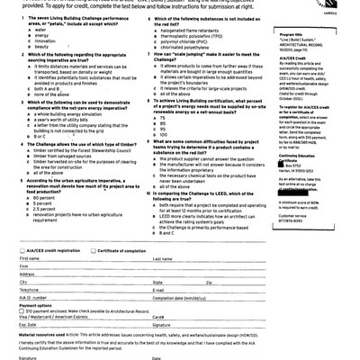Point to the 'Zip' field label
pos(208,283)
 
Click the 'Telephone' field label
pos(29,290)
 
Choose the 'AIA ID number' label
pos(32,298)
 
